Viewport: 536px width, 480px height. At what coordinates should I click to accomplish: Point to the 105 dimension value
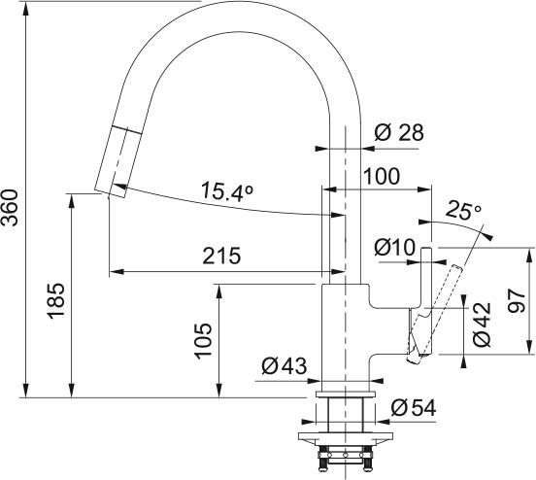(x=203, y=341)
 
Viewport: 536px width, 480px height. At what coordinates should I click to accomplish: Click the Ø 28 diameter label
(x=398, y=133)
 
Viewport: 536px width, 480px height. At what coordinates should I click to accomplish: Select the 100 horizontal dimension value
(x=382, y=176)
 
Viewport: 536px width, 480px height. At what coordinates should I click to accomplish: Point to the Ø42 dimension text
(x=483, y=326)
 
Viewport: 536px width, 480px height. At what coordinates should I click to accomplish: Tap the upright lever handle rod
(x=424, y=291)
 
